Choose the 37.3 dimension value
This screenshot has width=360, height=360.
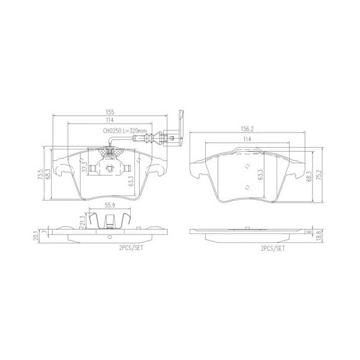click(85, 166)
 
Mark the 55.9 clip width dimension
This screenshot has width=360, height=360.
click(109, 205)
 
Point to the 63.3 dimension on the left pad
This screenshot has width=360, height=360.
click(131, 181)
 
